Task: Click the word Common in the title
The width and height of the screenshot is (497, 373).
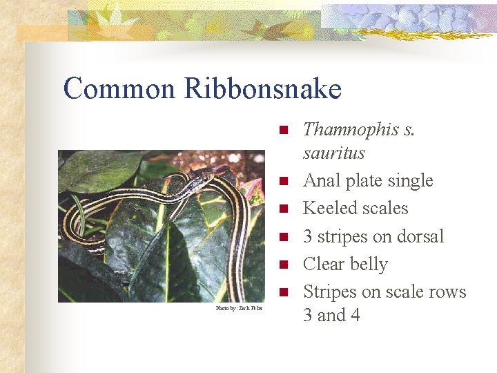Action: coord(120,89)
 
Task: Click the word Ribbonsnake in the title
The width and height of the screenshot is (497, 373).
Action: coord(263,89)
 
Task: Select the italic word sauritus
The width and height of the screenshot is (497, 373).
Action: coord(334,153)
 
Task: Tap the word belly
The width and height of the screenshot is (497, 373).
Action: coord(369,265)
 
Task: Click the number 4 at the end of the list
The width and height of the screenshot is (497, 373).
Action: coord(354,316)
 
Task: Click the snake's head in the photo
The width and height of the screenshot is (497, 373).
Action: coord(206,180)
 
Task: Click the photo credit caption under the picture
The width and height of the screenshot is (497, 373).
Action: coord(239,308)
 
